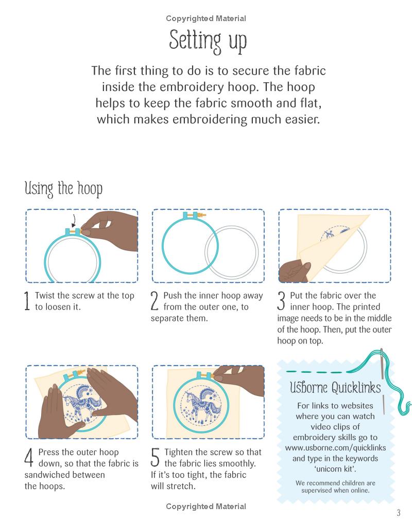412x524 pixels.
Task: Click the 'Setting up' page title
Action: coord(208,42)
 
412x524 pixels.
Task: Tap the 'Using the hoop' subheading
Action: coord(63,189)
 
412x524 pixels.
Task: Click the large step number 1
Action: coord(27,301)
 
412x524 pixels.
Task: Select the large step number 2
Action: coord(154,301)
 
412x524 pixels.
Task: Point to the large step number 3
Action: coord(281,301)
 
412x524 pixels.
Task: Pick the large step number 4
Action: coord(29,457)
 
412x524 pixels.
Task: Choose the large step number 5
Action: coord(155,457)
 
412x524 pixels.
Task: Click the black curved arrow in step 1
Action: coord(74,222)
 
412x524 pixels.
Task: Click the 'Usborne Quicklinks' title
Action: coord(335,388)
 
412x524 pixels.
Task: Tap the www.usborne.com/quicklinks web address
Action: coord(335,448)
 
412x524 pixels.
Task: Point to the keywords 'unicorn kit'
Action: coord(335,469)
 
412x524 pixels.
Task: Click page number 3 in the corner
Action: coord(398,513)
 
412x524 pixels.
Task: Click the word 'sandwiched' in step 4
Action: coord(48,475)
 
